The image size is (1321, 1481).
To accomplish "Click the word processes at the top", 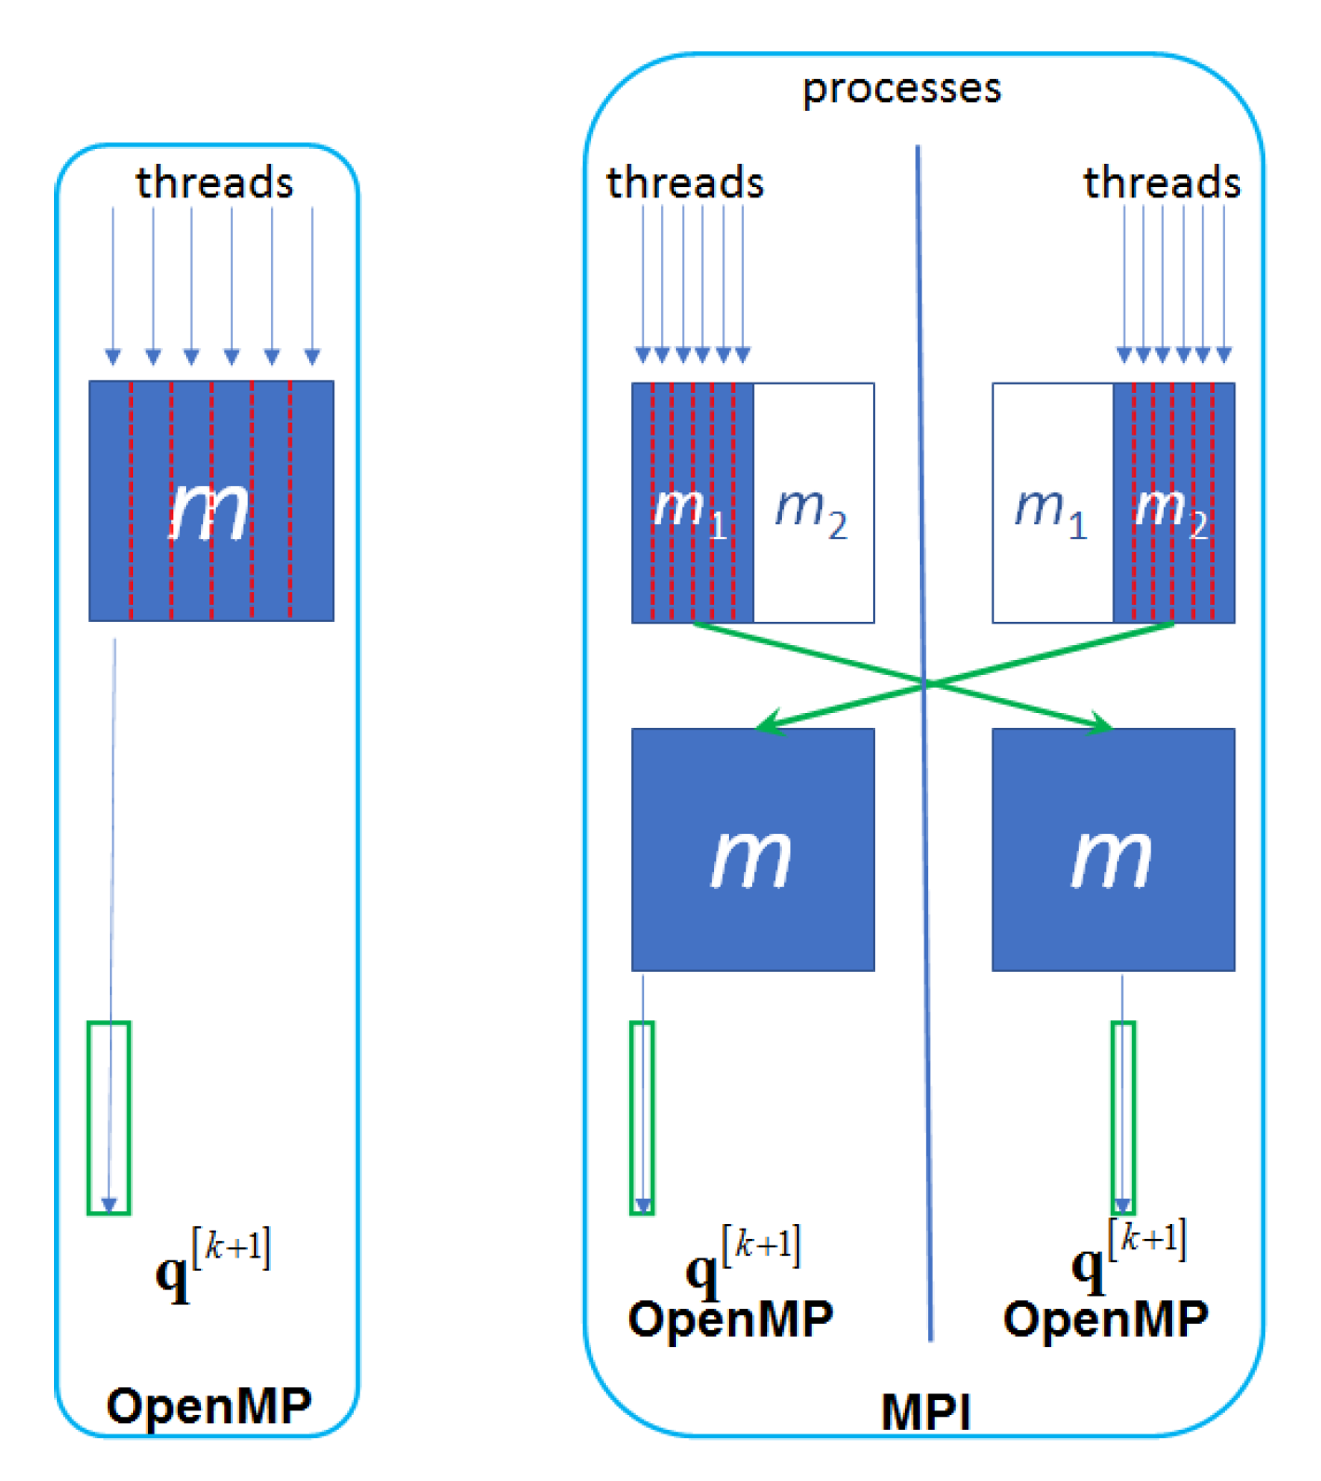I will coord(901,89).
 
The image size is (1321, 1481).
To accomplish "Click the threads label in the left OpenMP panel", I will coord(214,182).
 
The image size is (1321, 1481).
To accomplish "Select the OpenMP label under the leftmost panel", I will coord(209,1405).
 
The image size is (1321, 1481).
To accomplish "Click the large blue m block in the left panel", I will coord(211,501).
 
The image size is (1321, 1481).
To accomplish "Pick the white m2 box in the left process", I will coord(813,503).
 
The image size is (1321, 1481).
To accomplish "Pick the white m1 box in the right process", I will coord(1052,503).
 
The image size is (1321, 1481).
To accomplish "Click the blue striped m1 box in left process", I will coord(692,503).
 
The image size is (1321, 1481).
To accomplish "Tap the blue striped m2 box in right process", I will coord(1174,503).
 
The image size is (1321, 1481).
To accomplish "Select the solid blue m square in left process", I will coord(752,849).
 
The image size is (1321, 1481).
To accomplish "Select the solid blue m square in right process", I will coord(1112,849).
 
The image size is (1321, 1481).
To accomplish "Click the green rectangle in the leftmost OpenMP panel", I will coord(109,1117).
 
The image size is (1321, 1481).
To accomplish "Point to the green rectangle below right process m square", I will coord(1123,1117).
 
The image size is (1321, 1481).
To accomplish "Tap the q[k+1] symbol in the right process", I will coord(1128,1257).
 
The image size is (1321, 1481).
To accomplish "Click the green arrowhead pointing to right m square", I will coord(1100,724).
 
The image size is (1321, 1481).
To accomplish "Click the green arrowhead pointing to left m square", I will coord(769,723).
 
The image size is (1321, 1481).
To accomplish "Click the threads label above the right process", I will coord(1162,182).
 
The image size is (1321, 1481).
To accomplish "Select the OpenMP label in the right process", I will coord(1105,1319).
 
